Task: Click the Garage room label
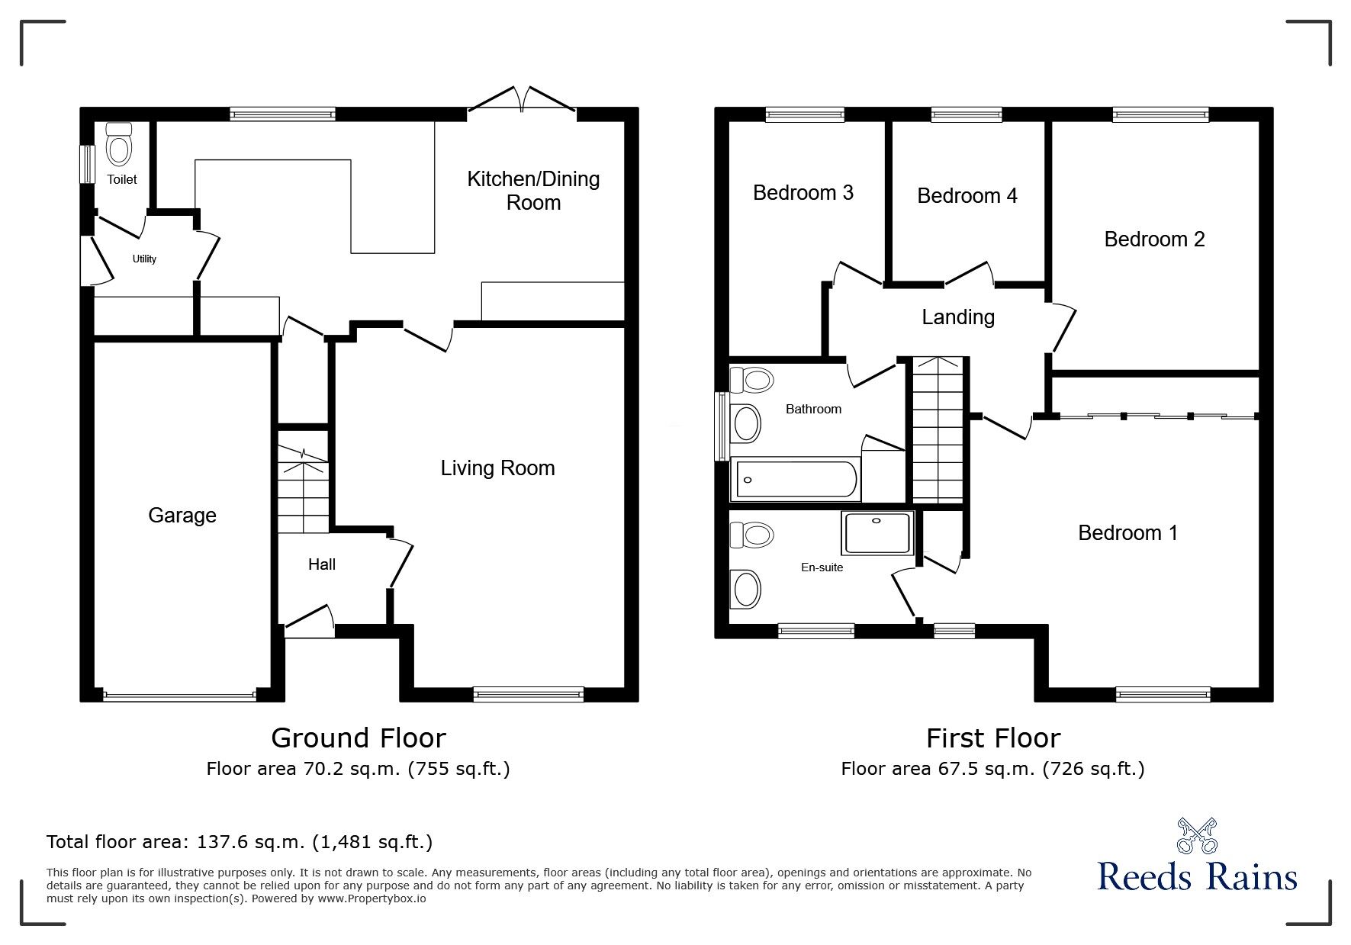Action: (182, 516)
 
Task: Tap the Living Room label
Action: (497, 468)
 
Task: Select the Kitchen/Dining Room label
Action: (533, 191)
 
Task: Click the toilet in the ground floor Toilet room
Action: (119, 144)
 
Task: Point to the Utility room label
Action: (144, 259)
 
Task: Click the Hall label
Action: (322, 564)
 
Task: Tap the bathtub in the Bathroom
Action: (794, 480)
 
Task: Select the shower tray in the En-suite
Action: (877, 533)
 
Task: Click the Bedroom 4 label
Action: (967, 196)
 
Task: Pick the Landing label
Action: (958, 317)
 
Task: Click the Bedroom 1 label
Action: (1127, 532)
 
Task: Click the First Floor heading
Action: (993, 738)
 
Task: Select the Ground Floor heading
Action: (359, 738)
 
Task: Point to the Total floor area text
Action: (240, 842)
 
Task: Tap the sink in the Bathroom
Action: (745, 422)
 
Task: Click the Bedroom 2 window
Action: (1161, 114)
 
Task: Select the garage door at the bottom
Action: (179, 696)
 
